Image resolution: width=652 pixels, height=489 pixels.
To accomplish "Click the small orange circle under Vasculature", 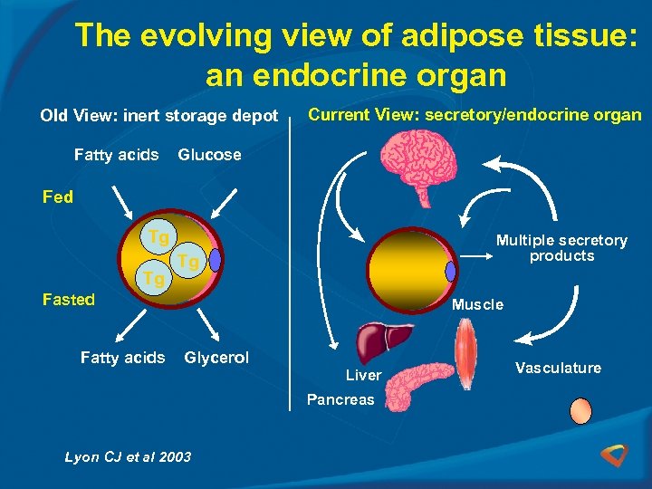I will click(x=580, y=411).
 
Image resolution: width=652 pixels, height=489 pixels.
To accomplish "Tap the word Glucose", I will click(x=209, y=155).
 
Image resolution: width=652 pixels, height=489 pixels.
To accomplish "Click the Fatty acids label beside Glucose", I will click(x=116, y=155).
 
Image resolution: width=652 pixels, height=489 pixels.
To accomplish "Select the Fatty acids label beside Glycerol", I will click(x=122, y=358).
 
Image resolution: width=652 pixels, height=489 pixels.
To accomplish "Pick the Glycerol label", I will click(x=216, y=358).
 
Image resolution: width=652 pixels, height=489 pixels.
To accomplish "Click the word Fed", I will click(x=58, y=197).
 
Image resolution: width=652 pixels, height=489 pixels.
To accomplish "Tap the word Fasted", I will click(x=69, y=300).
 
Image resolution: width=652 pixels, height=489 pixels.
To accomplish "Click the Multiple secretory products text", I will click(x=561, y=248).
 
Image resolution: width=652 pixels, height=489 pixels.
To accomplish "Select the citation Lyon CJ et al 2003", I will click(x=128, y=456).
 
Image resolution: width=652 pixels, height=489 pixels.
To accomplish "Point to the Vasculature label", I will click(x=558, y=368).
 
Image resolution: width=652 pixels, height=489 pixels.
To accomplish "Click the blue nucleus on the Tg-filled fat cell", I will click(x=215, y=261).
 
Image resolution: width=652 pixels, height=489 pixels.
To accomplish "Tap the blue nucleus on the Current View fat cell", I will click(x=451, y=271).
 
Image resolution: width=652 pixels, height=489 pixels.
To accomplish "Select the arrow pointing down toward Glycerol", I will click(x=206, y=325).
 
